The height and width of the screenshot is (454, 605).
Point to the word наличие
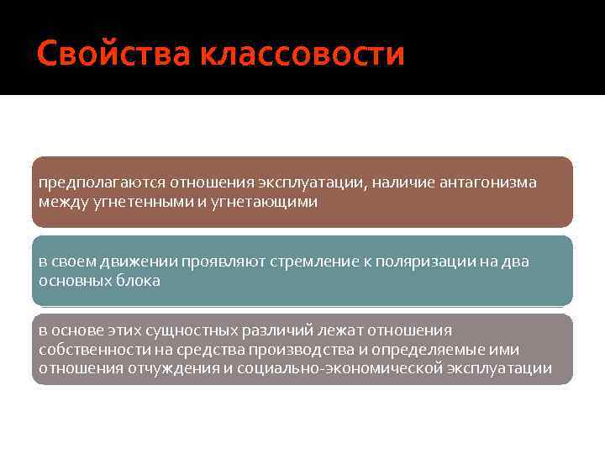click(x=402, y=182)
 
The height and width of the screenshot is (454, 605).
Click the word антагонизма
click(x=489, y=182)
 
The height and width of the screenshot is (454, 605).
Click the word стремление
click(x=314, y=261)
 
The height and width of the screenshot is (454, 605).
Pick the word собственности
click(x=92, y=349)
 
